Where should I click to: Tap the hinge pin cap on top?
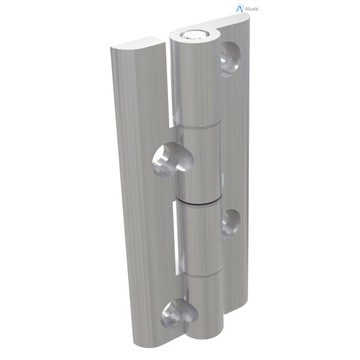click(191, 34)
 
